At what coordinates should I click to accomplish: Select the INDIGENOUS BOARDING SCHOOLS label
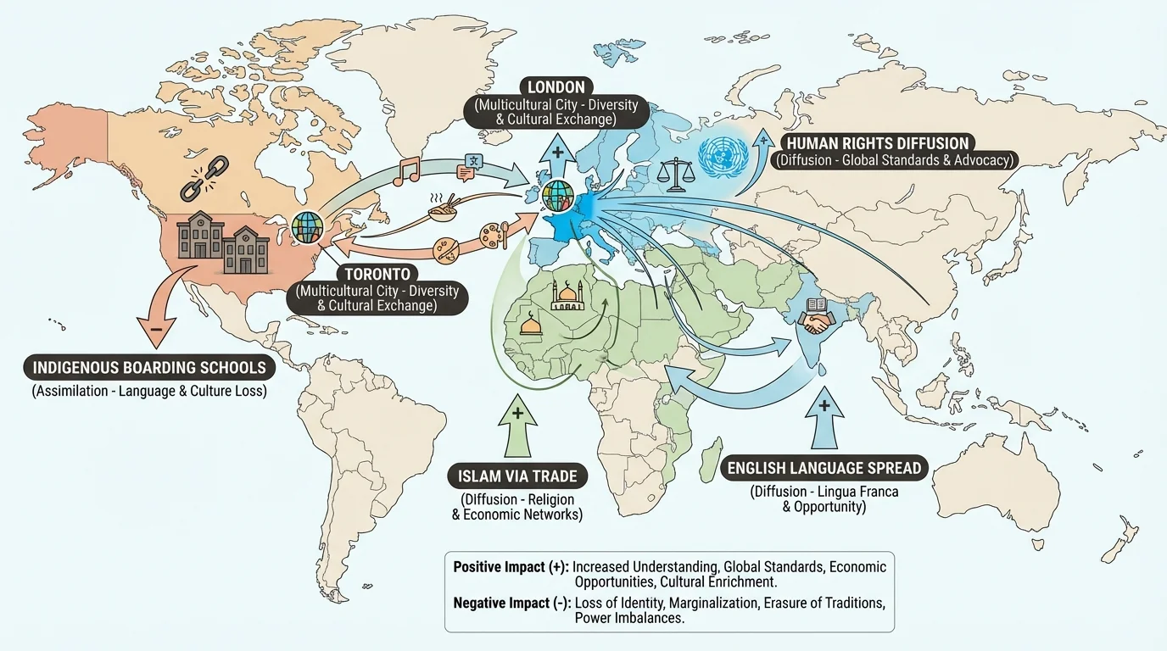pos(149,368)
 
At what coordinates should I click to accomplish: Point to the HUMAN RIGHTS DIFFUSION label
pos(877,142)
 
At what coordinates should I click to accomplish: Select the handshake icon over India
pos(818,323)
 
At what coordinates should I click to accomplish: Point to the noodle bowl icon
pos(442,208)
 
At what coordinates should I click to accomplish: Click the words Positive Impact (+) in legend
pos(511,567)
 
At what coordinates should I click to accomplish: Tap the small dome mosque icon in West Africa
pos(532,325)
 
